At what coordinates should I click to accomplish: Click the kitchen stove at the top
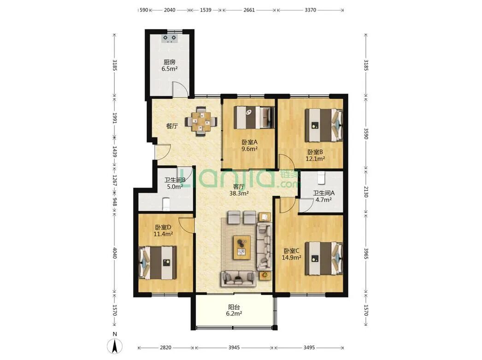pos(170,38)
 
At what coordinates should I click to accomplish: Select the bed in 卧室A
pos(254,118)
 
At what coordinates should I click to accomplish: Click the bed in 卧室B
pos(323,125)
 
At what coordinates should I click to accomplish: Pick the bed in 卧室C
pos(323,258)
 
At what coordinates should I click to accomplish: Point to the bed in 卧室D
pos(158,262)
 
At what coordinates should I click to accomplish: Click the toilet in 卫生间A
pos(321,177)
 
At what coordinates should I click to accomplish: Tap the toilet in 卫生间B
pos(166,204)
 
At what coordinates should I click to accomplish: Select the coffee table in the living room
pos(241,248)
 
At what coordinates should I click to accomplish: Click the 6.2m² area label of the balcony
pos(234,313)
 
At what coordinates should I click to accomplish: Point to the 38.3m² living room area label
pos(239,194)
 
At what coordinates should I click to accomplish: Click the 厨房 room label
pos(170,62)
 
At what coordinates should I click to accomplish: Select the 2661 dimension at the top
pos(249,10)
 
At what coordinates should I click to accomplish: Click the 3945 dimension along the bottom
pos(234,348)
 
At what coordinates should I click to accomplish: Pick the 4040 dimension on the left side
pos(114,253)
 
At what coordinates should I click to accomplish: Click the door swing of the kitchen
pos(179,89)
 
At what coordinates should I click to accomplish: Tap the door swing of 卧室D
pos(186,225)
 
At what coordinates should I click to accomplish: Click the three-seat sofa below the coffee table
pos(238,278)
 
